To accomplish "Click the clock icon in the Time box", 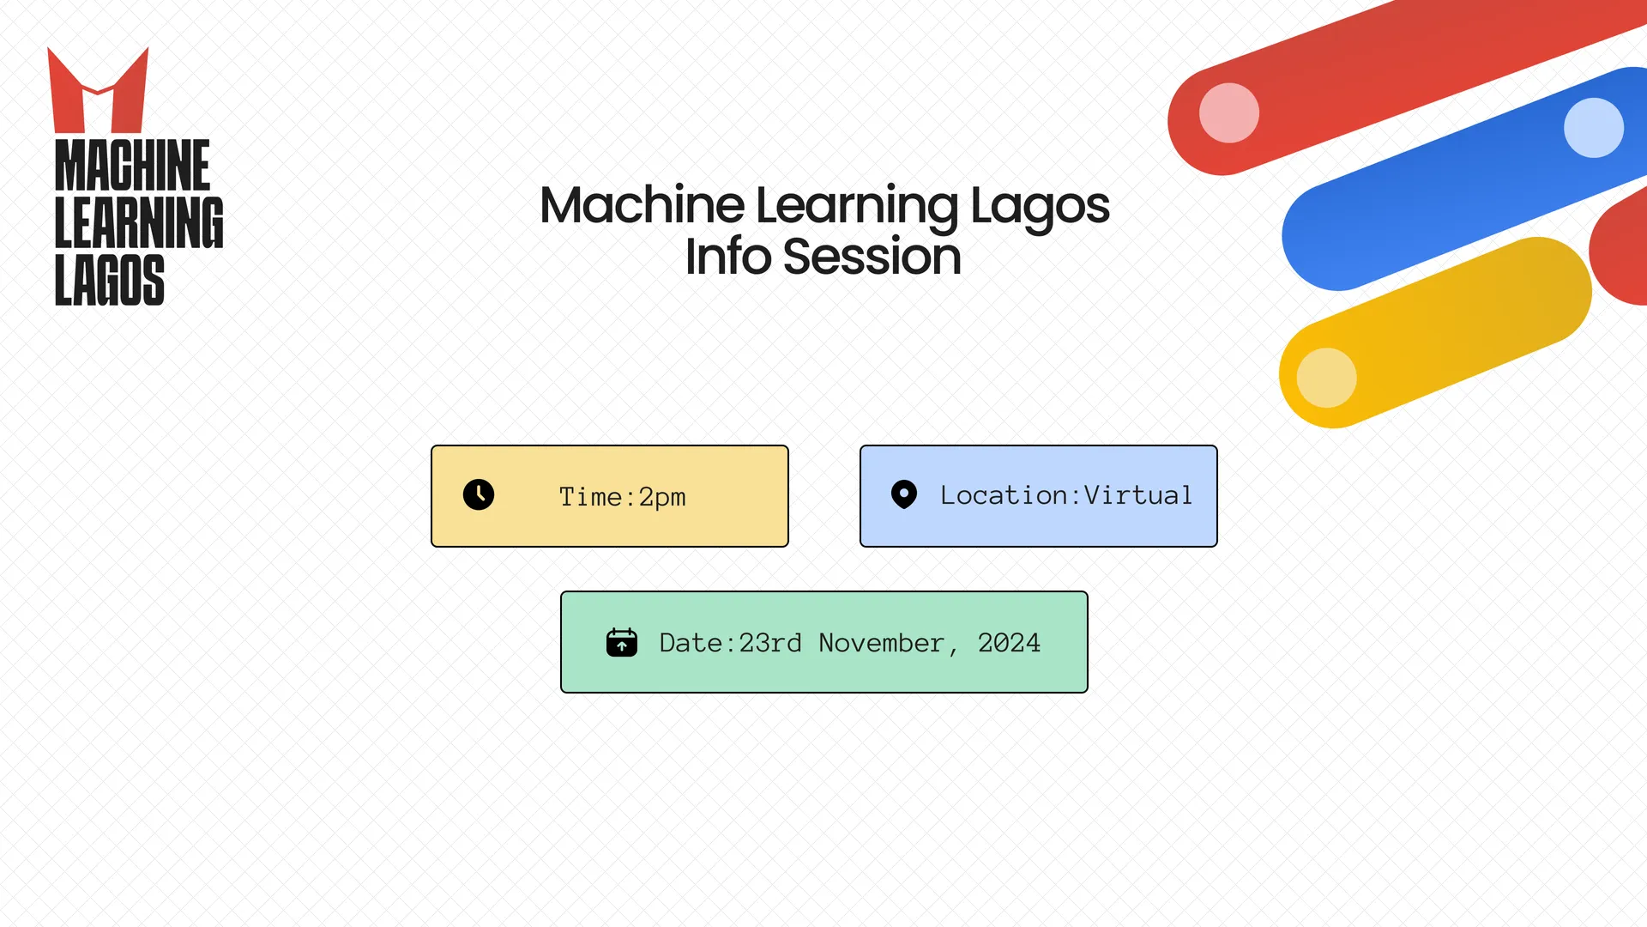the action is [479, 494].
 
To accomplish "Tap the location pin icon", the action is [904, 494].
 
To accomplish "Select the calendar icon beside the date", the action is [622, 642].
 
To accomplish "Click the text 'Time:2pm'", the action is [622, 497].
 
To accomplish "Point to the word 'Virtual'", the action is [1138, 495].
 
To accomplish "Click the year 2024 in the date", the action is [1009, 643].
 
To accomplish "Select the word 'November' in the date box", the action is [882, 643].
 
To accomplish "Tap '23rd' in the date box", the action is [770, 643].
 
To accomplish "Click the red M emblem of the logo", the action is [98, 90].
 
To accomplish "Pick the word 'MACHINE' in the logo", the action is [132, 165].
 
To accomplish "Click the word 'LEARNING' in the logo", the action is [139, 222].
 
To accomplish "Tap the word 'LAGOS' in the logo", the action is [109, 280].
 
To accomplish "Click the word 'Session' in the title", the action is [872, 256].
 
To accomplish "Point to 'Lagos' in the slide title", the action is [1040, 208].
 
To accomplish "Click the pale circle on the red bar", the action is [1229, 112].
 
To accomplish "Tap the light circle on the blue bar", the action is [1594, 127].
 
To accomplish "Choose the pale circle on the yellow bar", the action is [1326, 378].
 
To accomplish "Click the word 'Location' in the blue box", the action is [1004, 495].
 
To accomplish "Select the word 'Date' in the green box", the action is [691, 643].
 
